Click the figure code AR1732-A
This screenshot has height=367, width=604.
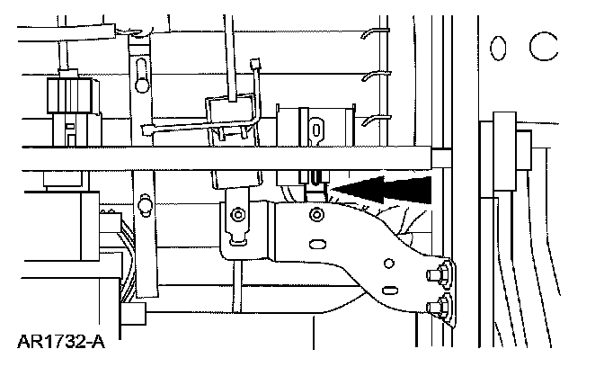pyautogui.click(x=57, y=343)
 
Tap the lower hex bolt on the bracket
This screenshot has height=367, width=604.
pyautogui.click(x=443, y=308)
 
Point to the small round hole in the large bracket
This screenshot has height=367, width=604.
pyautogui.click(x=388, y=264)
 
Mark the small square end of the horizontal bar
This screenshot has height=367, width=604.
pyautogui.click(x=440, y=158)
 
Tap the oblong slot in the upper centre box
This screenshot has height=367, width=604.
pyautogui.click(x=317, y=128)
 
